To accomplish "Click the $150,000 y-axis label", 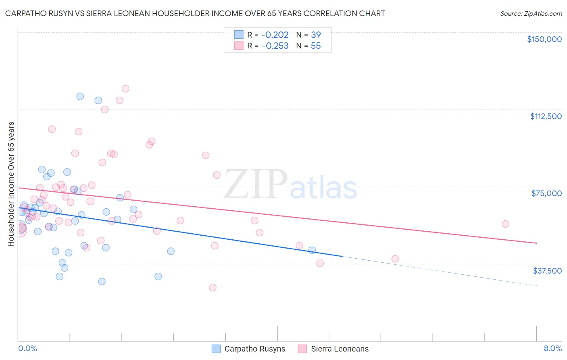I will [x=544, y=39].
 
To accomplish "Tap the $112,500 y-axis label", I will [x=546, y=116].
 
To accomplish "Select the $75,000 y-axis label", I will [x=546, y=193].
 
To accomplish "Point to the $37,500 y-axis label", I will [x=547, y=271].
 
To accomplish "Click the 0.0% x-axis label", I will [x=27, y=349].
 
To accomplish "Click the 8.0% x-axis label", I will [x=552, y=349].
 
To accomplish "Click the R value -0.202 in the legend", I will [x=275, y=35].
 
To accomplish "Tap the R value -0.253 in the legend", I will [x=275, y=46].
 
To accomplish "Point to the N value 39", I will [x=316, y=35].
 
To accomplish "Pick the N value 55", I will [x=316, y=46].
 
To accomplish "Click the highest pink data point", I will [x=125, y=89].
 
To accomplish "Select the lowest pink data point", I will [x=213, y=288].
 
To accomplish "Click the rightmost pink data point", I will [x=505, y=224].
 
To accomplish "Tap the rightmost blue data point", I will [x=312, y=250].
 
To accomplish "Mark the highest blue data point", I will [x=80, y=96].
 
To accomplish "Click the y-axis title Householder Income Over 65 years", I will [x=11, y=184].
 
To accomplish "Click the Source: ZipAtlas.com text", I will [x=531, y=14].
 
